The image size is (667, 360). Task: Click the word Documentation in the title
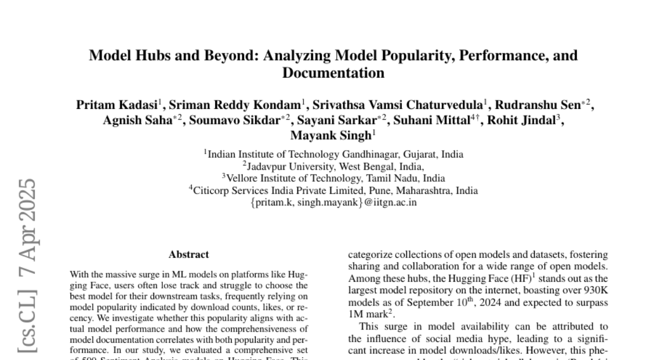[x=333, y=73]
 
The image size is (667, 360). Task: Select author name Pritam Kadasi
[x=116, y=105]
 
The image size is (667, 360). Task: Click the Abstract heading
[x=189, y=255]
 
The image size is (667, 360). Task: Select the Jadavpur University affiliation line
[x=333, y=166]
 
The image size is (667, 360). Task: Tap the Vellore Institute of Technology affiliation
[x=333, y=178]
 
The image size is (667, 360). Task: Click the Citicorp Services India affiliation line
[x=333, y=191]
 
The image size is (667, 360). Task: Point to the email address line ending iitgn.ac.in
[x=333, y=202]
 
